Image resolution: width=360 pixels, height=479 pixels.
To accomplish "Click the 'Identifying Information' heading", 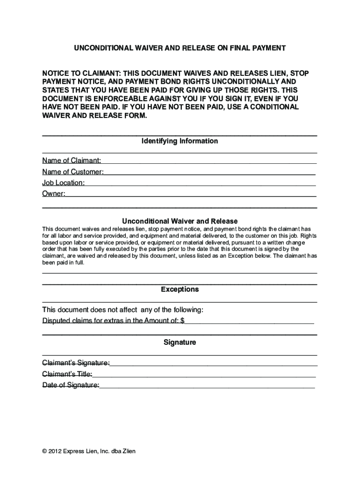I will point(180,141).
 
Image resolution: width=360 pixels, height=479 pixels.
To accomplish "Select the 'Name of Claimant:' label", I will point(72,161).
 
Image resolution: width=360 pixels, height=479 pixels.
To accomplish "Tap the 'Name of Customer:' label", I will point(73,172).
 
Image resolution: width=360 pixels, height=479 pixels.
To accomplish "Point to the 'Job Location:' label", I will point(64,183).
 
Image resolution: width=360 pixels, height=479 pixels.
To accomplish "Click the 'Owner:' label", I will point(54,194).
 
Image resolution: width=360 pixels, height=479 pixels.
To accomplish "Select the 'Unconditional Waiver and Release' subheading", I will point(180,221).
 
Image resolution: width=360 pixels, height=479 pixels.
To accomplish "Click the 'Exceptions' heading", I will point(180,290).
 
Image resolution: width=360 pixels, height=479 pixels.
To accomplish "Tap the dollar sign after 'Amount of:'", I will point(182,321).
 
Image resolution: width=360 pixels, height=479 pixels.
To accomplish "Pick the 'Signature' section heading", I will point(180,342).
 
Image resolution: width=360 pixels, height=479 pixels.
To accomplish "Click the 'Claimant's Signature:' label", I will point(76,363).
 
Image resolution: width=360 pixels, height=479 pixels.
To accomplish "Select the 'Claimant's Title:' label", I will point(67,374).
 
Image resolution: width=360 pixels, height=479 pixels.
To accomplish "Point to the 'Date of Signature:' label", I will point(71,385).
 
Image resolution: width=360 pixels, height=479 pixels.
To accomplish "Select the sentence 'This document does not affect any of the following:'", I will point(123,310).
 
